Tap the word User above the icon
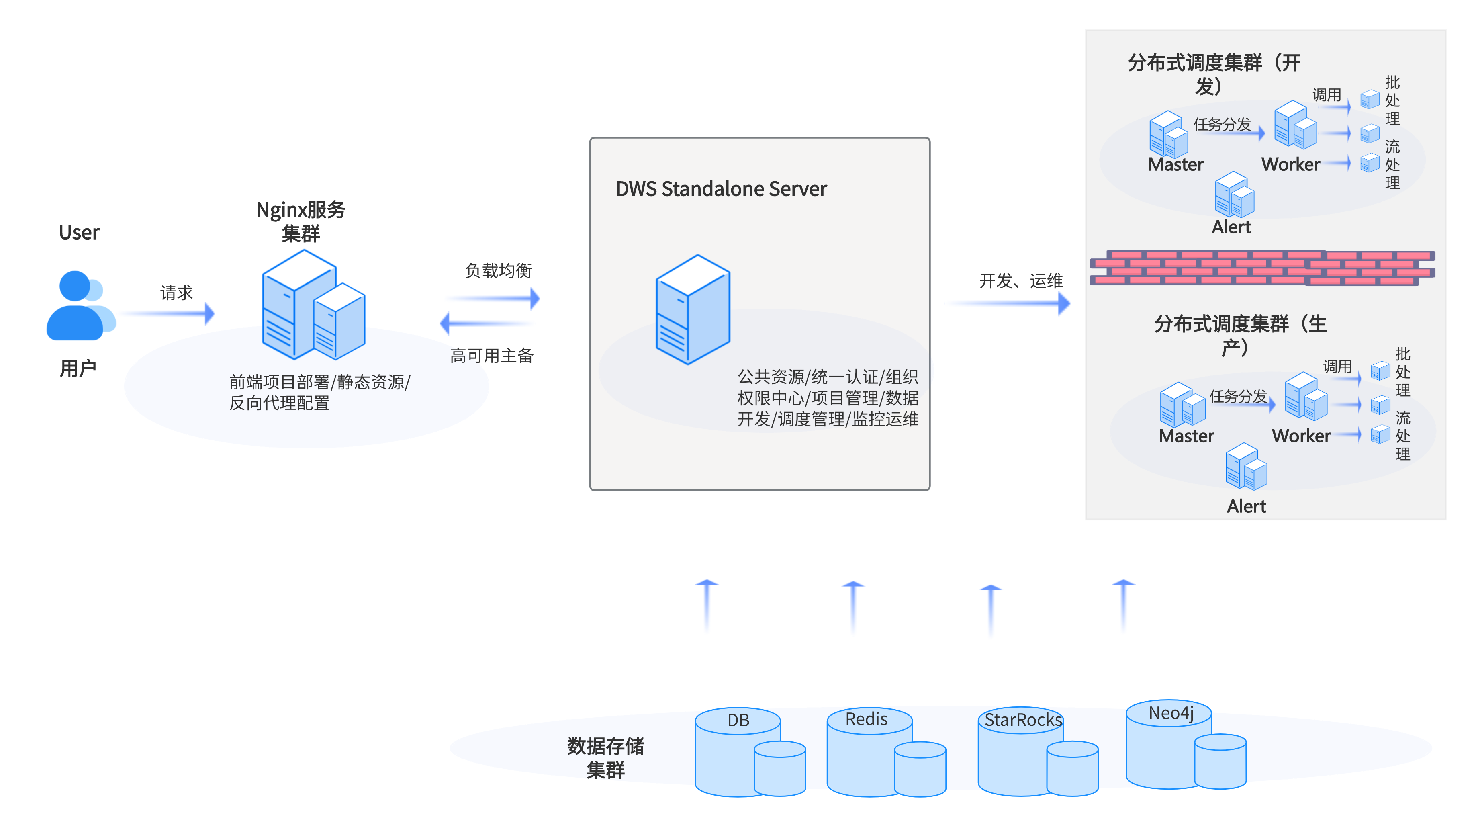[x=79, y=233]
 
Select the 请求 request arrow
[x=169, y=313]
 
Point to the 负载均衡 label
[x=499, y=270]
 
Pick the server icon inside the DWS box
[x=693, y=309]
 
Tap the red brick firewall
[x=1262, y=268]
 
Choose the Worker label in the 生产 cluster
[x=1301, y=436]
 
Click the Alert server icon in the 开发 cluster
[x=1234, y=195]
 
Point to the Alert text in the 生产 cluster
[x=1246, y=507]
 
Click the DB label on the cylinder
[x=738, y=721]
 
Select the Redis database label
[x=866, y=719]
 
